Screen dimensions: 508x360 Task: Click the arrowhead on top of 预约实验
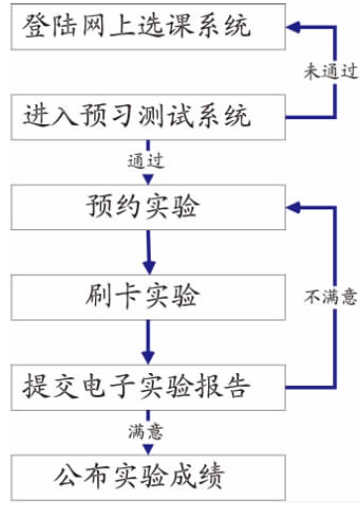pyautogui.click(x=147, y=180)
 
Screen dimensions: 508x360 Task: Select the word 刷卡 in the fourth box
pyautogui.click(x=106, y=295)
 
